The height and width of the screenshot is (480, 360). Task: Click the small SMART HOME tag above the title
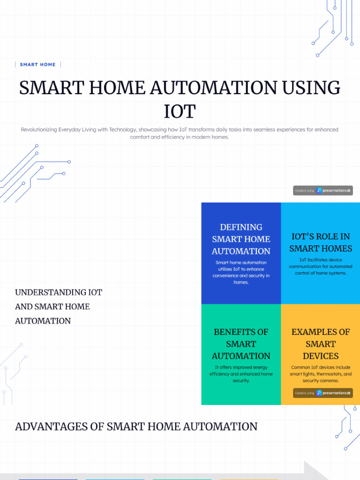click(37, 65)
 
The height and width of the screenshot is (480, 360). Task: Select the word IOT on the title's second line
click(180, 112)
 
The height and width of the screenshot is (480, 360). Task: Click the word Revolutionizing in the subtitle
click(39, 129)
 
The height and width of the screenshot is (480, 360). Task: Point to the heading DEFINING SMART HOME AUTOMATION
click(241, 239)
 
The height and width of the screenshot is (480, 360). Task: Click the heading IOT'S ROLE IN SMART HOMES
click(321, 242)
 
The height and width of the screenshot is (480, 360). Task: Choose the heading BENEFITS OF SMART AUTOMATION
click(241, 344)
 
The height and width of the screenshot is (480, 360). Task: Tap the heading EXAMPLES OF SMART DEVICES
click(321, 344)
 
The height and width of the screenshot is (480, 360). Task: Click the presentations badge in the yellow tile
click(323, 393)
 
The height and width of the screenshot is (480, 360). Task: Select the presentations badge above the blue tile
click(323, 191)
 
